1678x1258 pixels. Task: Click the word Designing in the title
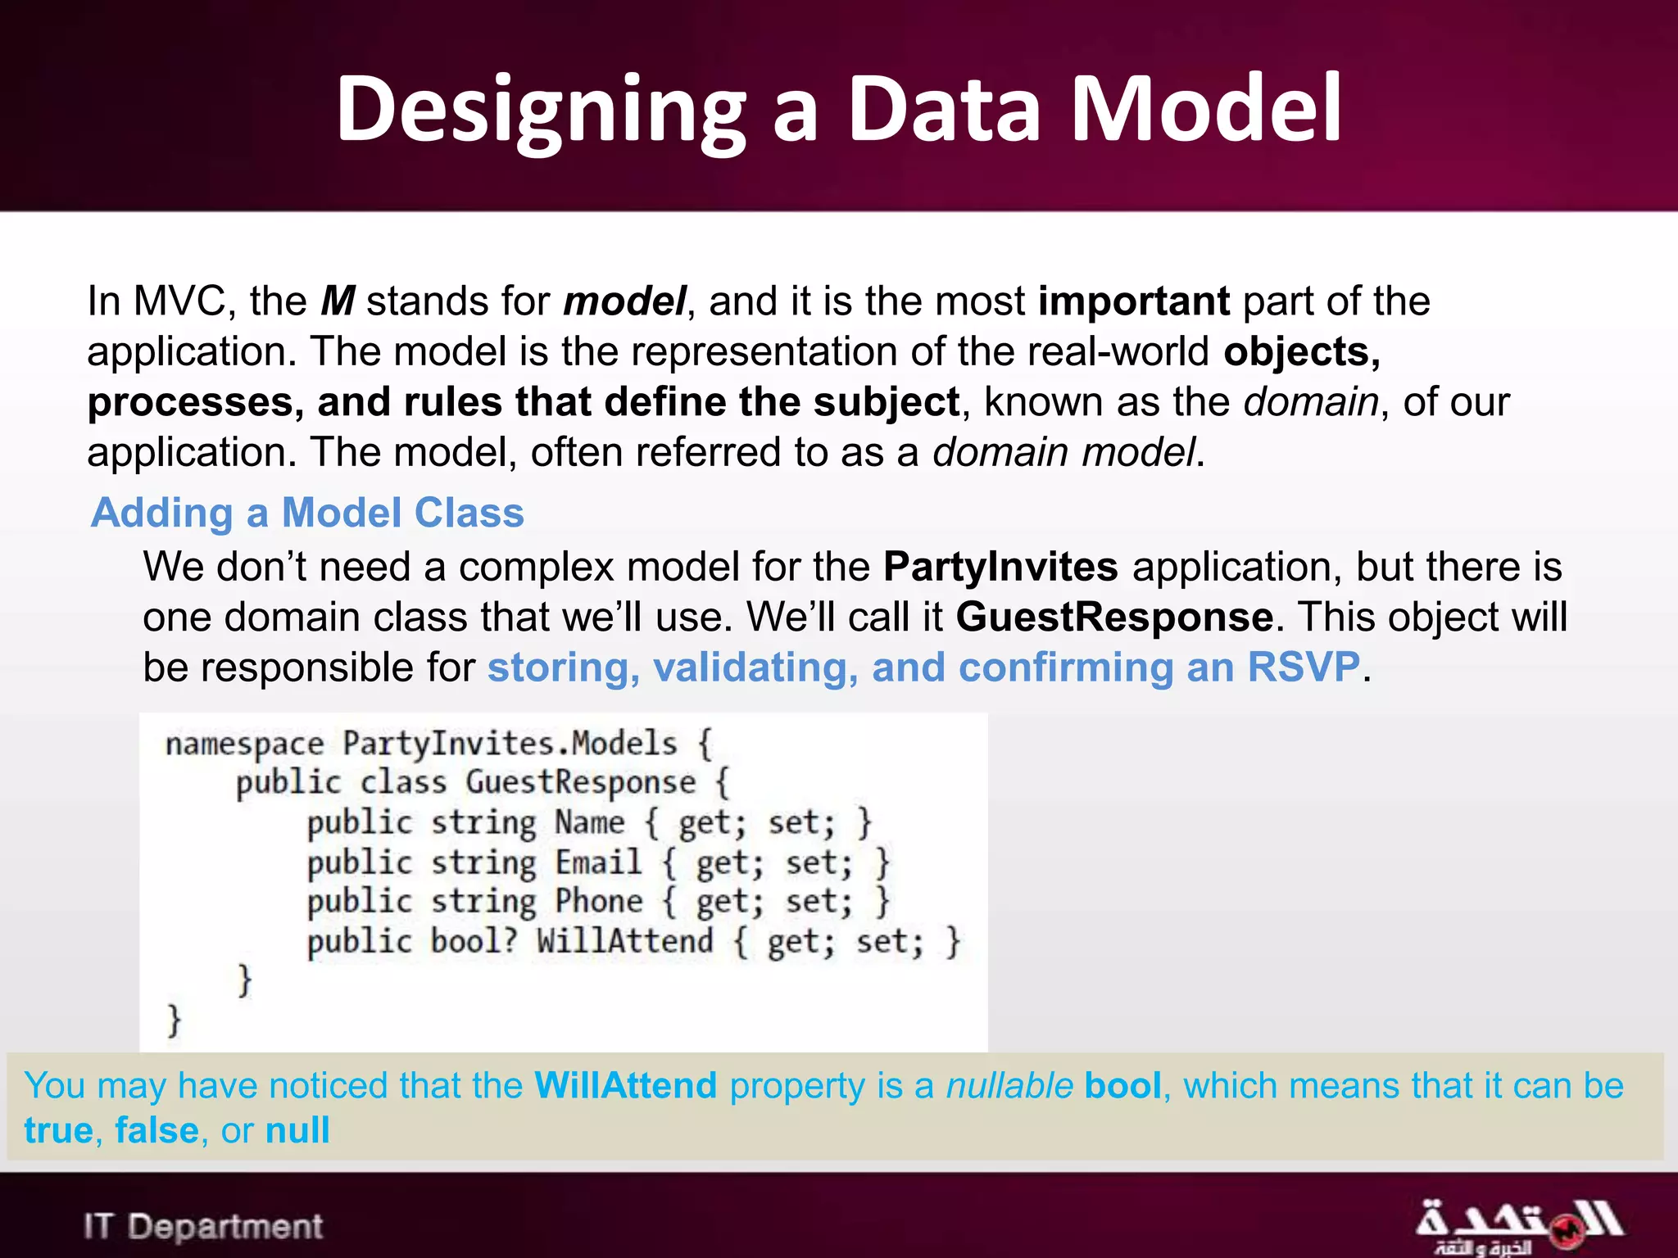click(541, 111)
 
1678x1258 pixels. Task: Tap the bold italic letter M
click(337, 301)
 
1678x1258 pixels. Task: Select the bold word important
click(1133, 301)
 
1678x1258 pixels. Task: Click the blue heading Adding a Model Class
click(307, 513)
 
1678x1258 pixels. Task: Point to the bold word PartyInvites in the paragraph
click(1000, 567)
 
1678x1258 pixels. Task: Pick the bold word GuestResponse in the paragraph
click(1114, 617)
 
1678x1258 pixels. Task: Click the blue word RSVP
click(1303, 667)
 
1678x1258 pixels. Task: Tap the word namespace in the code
click(244, 744)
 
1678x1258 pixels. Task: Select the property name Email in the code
click(598, 862)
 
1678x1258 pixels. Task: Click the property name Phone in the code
click(599, 901)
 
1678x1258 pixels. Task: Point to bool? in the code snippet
click(474, 940)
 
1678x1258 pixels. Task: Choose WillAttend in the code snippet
click(624, 940)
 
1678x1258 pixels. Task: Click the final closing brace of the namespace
click(174, 1020)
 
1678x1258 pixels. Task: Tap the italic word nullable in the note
click(1009, 1086)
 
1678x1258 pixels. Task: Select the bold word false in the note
click(156, 1130)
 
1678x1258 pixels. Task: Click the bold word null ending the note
click(297, 1130)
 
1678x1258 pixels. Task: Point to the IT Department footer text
click(203, 1226)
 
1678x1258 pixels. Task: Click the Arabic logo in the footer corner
click(1518, 1226)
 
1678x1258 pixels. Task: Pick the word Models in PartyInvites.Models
click(624, 744)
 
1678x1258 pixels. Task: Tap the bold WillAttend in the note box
click(625, 1086)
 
